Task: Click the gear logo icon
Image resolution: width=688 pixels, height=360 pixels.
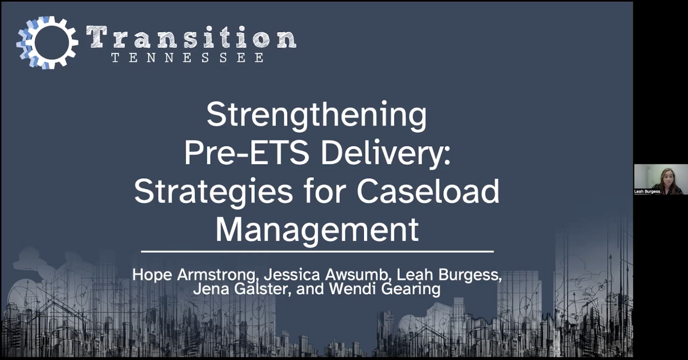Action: [x=47, y=42]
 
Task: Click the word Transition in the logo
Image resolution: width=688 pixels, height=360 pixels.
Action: [x=191, y=37]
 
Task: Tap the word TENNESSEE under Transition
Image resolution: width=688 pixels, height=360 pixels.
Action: [x=187, y=58]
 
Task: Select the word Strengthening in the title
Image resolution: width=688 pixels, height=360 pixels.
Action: [x=317, y=115]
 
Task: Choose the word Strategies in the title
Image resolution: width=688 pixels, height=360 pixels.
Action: [x=214, y=191]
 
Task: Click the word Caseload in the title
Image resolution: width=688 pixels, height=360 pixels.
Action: [x=428, y=191]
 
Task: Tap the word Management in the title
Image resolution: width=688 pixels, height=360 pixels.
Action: [x=317, y=229]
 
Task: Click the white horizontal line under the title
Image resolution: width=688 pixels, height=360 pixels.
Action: [x=317, y=252]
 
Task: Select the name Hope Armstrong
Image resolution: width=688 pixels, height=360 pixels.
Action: [x=193, y=275]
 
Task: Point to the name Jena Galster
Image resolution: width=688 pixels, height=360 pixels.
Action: [x=240, y=289]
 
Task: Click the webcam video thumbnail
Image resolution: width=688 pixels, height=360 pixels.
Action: [x=660, y=179]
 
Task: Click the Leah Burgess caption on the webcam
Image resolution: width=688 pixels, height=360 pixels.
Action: [x=647, y=191]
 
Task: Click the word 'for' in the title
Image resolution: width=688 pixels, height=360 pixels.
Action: [x=325, y=191]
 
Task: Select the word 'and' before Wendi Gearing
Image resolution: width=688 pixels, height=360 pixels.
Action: [x=310, y=289]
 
